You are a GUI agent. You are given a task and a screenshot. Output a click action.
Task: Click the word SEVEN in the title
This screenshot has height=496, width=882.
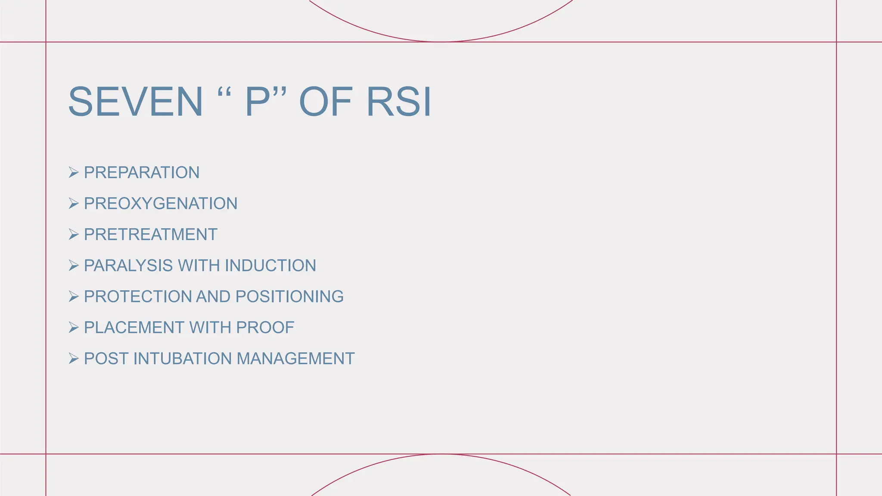click(x=135, y=102)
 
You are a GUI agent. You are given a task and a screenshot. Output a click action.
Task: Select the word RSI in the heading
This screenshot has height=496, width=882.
click(x=398, y=102)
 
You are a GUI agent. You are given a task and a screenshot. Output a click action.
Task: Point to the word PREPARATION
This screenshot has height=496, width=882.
click(x=142, y=173)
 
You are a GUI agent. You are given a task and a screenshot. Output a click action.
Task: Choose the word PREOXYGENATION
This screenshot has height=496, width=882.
click(x=161, y=204)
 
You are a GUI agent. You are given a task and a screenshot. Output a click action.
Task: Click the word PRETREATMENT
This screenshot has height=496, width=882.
click(x=151, y=235)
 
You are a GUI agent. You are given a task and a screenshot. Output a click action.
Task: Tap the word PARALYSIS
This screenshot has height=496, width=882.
click(x=128, y=266)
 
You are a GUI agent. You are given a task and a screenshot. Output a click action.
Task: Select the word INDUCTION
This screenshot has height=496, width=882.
click(x=270, y=266)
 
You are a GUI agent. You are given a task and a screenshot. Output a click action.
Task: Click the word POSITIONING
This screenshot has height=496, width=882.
click(x=289, y=297)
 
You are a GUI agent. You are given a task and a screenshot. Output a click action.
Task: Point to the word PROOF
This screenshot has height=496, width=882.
click(x=265, y=328)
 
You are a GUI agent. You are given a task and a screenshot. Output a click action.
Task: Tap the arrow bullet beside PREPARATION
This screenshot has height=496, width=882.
click(x=74, y=173)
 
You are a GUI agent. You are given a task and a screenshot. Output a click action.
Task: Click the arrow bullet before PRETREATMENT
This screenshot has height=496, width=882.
click(x=74, y=235)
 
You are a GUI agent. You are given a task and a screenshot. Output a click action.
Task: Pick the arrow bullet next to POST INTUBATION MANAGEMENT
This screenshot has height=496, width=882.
click(x=74, y=359)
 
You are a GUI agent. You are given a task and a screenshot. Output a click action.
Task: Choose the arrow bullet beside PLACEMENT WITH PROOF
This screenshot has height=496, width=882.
click(x=74, y=328)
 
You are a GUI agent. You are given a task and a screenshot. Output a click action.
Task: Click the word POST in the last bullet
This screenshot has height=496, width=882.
click(x=106, y=359)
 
